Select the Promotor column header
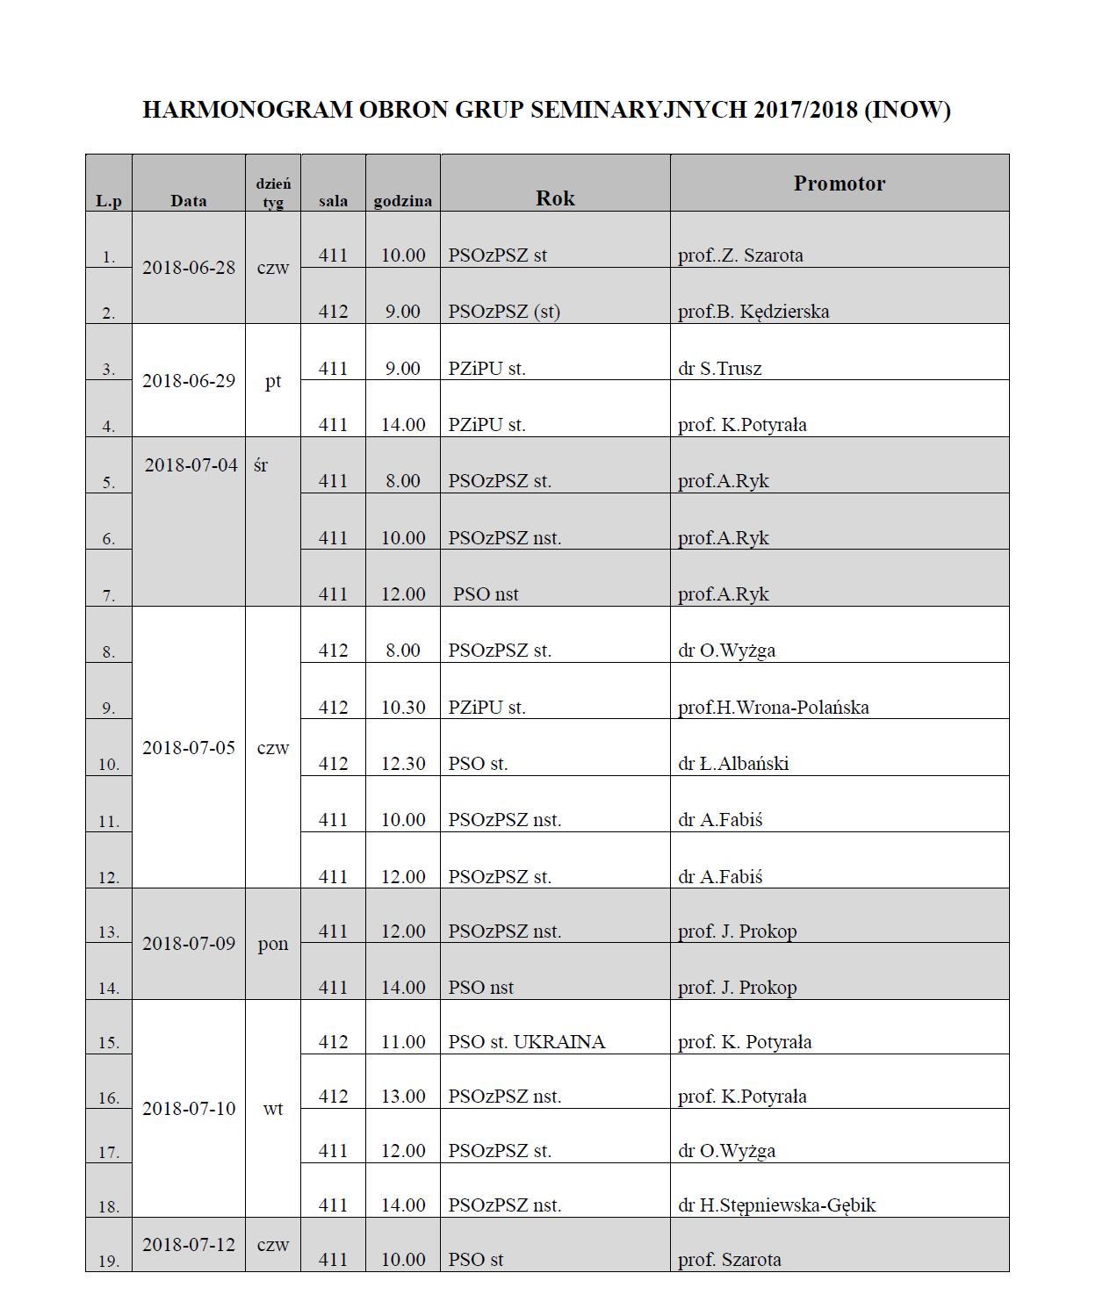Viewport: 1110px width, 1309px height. click(839, 183)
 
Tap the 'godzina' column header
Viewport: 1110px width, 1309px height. click(402, 201)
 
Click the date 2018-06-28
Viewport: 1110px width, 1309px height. click(189, 268)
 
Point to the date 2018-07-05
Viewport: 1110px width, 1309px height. click(189, 748)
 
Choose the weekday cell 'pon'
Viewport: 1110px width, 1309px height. click(273, 944)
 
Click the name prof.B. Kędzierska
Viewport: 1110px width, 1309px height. click(753, 312)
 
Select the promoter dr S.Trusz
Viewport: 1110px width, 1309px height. click(719, 369)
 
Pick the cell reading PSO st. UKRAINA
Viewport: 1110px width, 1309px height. click(526, 1042)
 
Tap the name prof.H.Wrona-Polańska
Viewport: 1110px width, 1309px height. click(773, 708)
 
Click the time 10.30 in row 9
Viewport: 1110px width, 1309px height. click(403, 708)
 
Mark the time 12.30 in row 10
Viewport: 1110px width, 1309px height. click(403, 764)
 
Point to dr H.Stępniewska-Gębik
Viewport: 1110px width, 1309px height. click(776, 1205)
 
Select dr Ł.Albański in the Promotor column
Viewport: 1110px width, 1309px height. click(732, 764)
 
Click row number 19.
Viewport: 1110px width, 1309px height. click(108, 1262)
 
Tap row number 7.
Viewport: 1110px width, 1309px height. click(108, 595)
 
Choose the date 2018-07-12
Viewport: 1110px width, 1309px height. click(189, 1245)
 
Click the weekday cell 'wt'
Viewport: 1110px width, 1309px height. click(273, 1109)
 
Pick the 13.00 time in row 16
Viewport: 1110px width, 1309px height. click(403, 1097)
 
